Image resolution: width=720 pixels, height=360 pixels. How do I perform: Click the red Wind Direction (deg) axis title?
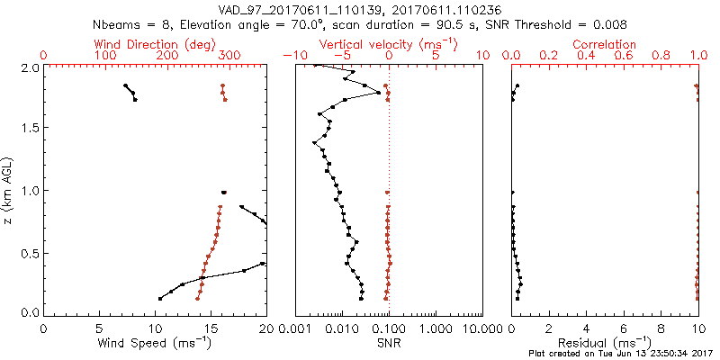click(155, 44)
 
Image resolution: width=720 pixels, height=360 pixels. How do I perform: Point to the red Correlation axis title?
click(605, 44)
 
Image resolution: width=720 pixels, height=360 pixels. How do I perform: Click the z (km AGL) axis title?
click(9, 190)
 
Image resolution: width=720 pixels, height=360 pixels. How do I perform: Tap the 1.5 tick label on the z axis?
click(29, 129)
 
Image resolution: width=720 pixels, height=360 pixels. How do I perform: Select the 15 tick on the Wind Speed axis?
click(211, 329)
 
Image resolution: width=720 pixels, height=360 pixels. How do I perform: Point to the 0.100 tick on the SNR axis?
click(389, 329)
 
